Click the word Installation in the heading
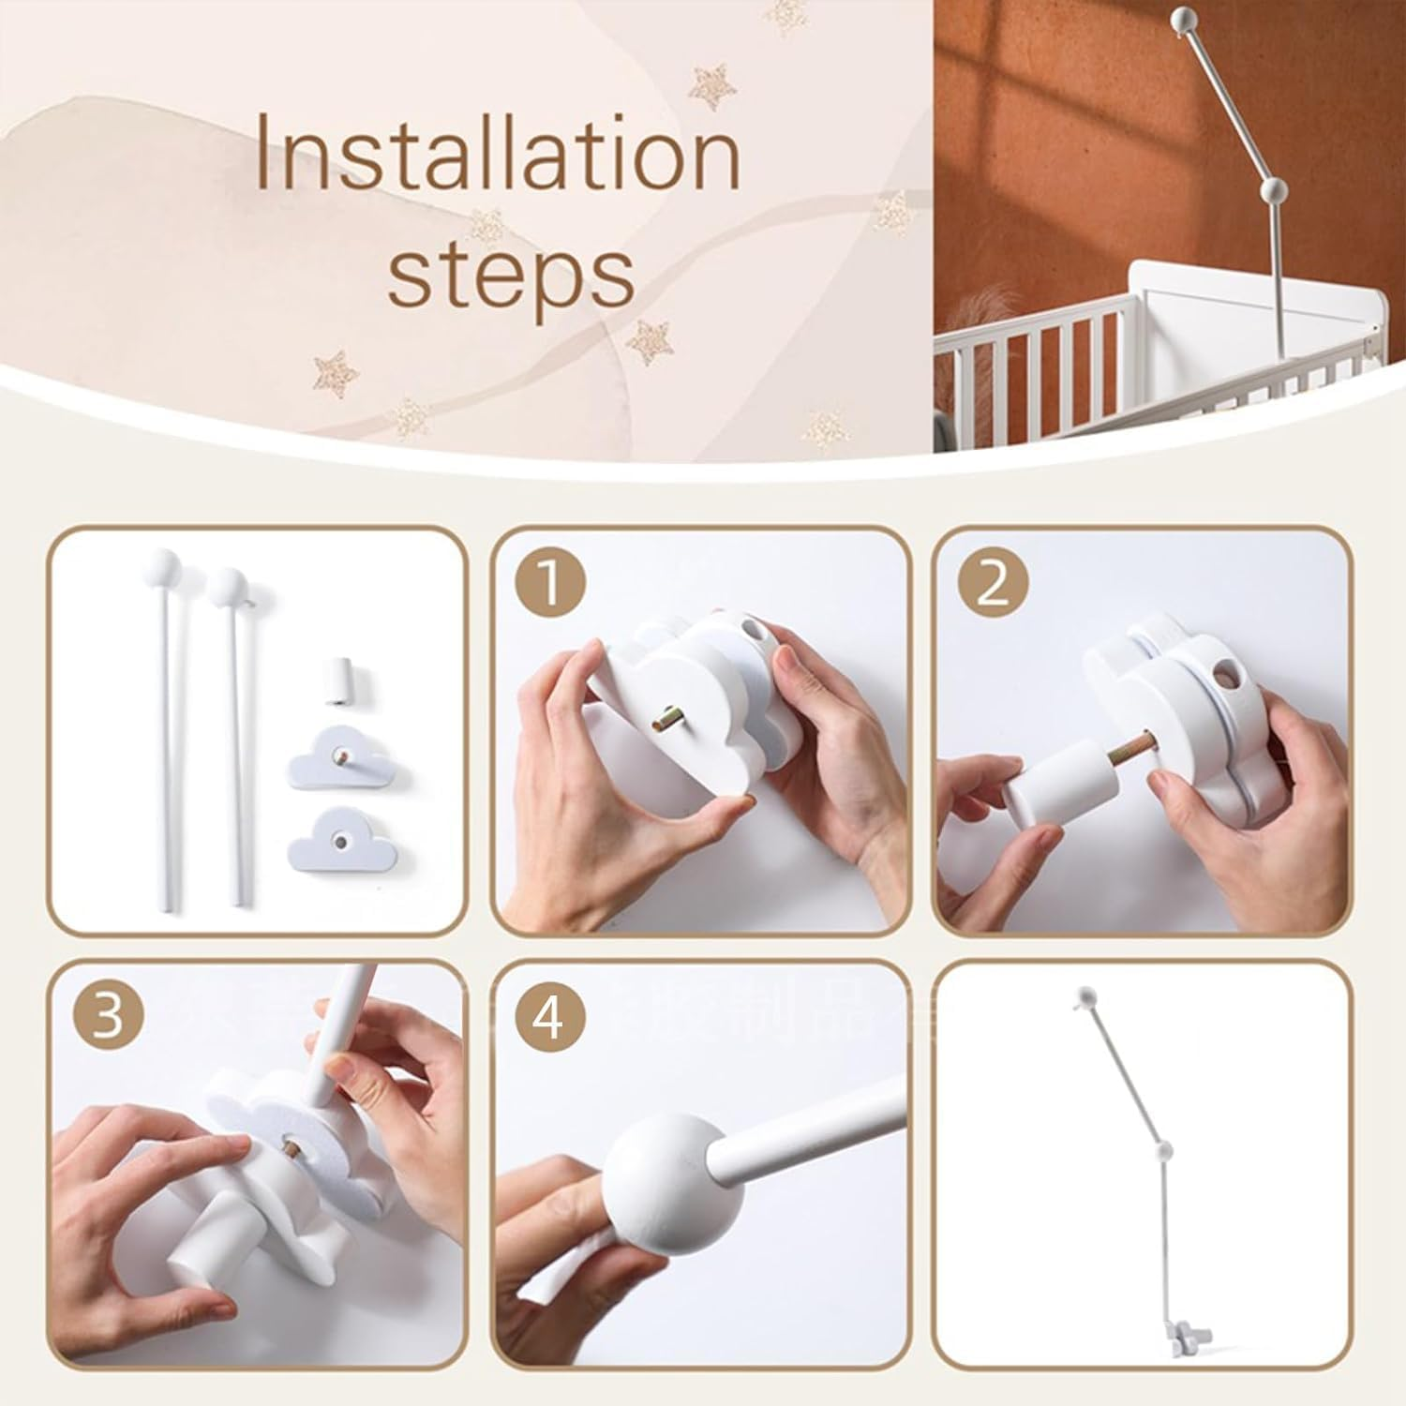[x=498, y=152]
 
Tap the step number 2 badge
[x=994, y=585]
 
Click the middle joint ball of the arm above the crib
[x=1274, y=191]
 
